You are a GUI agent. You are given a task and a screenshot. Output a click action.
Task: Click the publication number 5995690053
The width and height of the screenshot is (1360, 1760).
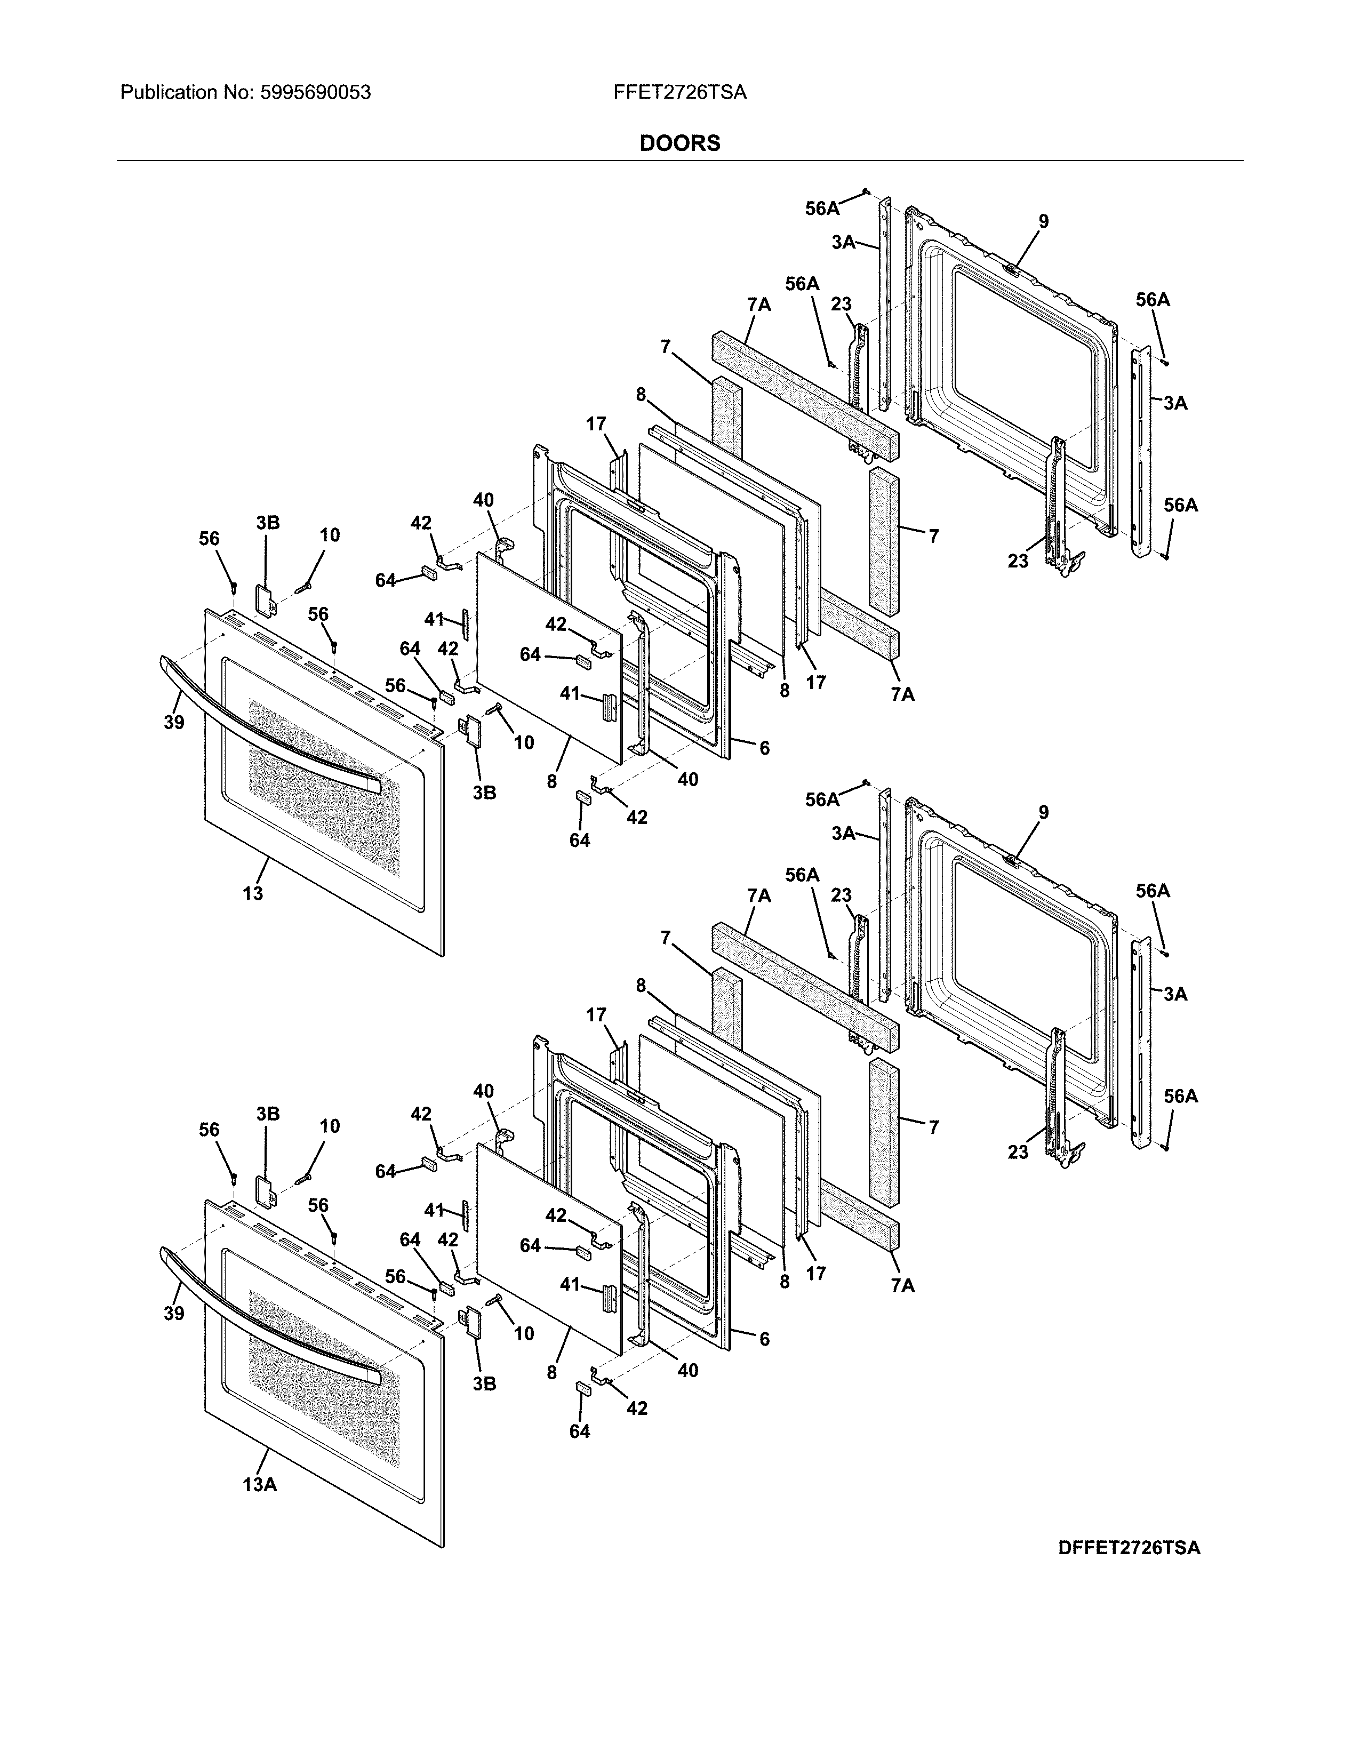[x=315, y=93]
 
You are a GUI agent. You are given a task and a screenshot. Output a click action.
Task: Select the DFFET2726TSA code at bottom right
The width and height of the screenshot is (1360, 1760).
[x=1129, y=1547]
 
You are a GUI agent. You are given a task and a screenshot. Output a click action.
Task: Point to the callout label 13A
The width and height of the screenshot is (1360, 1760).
[x=259, y=1484]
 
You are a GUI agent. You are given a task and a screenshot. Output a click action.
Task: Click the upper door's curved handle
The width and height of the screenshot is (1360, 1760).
[x=266, y=725]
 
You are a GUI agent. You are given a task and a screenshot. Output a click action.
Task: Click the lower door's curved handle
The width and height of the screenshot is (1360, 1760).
[x=266, y=1316]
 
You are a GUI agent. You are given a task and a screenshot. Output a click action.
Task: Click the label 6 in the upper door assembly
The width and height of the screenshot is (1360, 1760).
[x=764, y=748]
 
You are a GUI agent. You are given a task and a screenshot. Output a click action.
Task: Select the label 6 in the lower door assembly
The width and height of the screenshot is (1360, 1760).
[x=764, y=1339]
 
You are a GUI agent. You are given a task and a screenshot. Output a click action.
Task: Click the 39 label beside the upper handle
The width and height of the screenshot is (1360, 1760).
[x=174, y=722]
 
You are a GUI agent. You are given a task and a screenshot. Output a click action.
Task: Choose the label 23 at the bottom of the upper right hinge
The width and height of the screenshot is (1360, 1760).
[x=1018, y=561]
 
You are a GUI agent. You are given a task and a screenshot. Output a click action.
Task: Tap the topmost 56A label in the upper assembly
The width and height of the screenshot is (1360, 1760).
[x=822, y=208]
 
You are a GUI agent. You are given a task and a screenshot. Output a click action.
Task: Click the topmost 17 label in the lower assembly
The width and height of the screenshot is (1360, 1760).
[x=596, y=1014]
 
